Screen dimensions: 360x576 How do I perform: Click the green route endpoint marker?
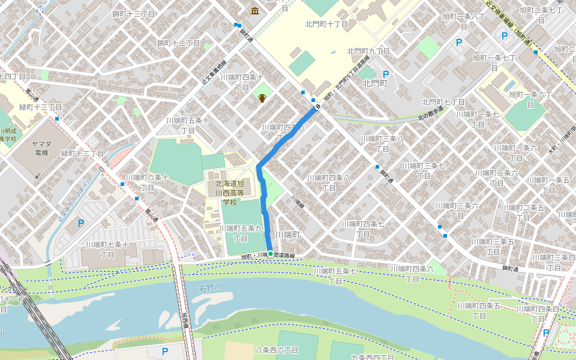pyautogui.click(x=271, y=254)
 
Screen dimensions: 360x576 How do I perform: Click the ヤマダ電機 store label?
pyautogui.click(x=41, y=148)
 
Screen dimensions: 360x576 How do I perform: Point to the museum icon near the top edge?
pyautogui.click(x=256, y=11)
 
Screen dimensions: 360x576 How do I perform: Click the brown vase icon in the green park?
pyautogui.click(x=262, y=98)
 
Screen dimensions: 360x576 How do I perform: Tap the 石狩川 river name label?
pyautogui.click(x=210, y=289)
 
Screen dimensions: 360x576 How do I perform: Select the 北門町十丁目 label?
pyautogui.click(x=326, y=25)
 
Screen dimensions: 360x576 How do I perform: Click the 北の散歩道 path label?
pyautogui.click(x=431, y=115)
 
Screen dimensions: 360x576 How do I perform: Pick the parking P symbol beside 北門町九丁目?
pyautogui.click(x=386, y=74)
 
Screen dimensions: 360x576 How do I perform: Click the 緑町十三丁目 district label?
pyautogui.click(x=41, y=107)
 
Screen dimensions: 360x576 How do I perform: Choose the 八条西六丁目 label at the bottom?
pyautogui.click(x=277, y=350)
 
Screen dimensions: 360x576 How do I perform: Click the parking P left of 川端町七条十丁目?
pyautogui.click(x=81, y=224)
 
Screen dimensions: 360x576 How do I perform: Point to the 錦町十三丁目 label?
pyautogui.click(x=133, y=14)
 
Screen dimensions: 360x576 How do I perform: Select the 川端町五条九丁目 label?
pyautogui.click(x=241, y=233)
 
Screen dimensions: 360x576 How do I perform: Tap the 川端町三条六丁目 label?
pyautogui.click(x=457, y=210)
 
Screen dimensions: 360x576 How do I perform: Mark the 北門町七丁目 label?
pyautogui.click(x=443, y=103)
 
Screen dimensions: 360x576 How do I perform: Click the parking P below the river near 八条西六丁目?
pyautogui.click(x=165, y=351)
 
